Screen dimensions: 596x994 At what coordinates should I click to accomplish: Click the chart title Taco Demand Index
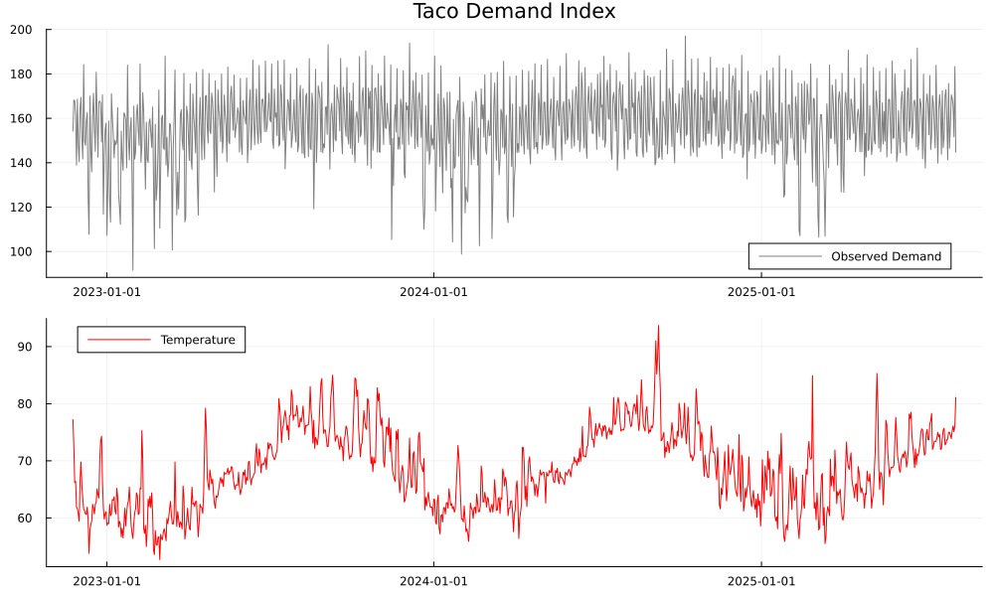click(514, 12)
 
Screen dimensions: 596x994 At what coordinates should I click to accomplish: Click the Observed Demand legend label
click(886, 256)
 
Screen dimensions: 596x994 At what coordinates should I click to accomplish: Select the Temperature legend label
click(198, 340)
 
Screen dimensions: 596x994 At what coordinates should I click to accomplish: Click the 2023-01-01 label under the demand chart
click(106, 291)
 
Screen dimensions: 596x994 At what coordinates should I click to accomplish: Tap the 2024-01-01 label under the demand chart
click(433, 291)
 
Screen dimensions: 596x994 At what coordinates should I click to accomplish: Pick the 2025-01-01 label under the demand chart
click(760, 291)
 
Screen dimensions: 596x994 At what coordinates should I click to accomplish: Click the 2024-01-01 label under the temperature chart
click(433, 580)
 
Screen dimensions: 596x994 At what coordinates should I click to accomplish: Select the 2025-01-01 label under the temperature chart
click(760, 580)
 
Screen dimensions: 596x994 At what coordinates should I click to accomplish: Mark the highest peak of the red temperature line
click(657, 326)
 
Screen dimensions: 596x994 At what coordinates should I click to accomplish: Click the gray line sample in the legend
click(790, 256)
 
